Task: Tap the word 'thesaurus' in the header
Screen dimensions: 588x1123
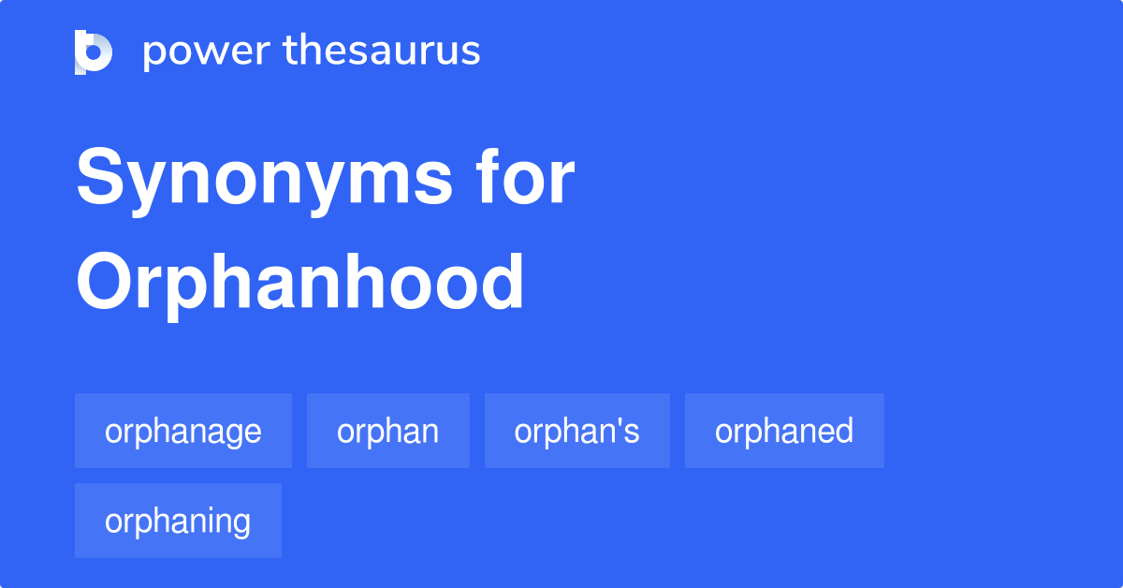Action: [382, 51]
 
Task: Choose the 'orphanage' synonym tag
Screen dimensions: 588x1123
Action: [183, 431]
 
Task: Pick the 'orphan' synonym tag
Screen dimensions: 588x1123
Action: [388, 431]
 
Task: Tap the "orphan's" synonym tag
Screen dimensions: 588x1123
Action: [577, 431]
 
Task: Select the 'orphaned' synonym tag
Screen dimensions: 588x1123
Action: [784, 431]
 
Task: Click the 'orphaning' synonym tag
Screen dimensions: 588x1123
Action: [178, 521]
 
